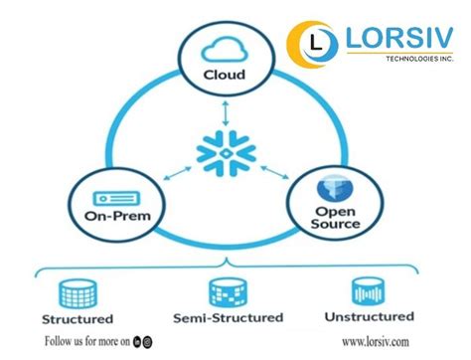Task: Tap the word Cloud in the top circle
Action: coord(225,74)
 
